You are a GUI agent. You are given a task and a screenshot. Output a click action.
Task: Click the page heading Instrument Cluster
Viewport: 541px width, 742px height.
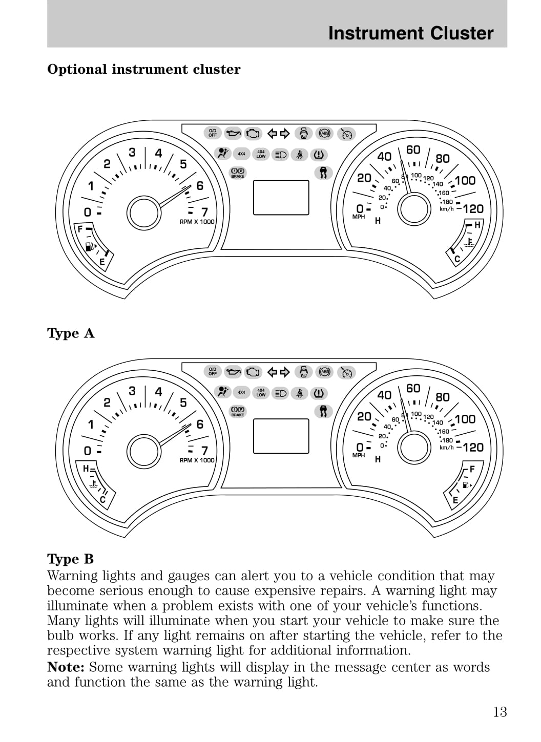410,33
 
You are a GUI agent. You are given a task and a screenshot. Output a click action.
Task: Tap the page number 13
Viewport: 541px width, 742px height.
500,712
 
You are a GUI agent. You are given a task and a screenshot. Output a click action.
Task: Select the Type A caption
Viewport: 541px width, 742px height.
71,333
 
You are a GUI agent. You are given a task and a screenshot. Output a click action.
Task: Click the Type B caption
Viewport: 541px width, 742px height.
71,559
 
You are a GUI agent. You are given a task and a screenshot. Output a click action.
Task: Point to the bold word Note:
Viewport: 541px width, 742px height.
66,667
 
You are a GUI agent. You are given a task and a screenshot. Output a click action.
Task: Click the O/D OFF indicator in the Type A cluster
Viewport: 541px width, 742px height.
213,133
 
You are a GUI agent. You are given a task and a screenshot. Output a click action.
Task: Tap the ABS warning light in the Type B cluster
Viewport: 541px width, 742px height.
325,372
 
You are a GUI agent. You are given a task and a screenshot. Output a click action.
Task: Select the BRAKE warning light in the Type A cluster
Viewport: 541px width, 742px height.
238,173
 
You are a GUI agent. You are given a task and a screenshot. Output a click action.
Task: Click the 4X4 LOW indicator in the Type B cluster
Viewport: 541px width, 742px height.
261,393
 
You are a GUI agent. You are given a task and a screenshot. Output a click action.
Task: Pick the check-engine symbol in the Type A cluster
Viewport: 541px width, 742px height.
253,134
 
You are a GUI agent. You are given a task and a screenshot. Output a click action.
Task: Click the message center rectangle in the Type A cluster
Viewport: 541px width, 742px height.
281,197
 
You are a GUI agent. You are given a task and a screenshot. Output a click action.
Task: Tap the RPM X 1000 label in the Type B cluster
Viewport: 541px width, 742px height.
197,460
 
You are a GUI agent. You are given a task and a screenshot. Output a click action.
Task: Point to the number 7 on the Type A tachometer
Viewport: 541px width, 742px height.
204,211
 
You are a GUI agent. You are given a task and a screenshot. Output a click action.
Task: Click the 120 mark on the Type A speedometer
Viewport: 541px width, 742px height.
473,208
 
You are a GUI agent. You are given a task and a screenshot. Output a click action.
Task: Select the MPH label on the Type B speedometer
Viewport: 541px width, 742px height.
359,455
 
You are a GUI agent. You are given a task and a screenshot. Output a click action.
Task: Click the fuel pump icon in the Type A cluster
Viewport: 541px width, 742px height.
90,247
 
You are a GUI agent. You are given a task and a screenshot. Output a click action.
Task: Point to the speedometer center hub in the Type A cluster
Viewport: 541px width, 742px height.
414,208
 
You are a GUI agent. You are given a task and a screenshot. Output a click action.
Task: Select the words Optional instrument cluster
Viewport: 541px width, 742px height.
143,70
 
